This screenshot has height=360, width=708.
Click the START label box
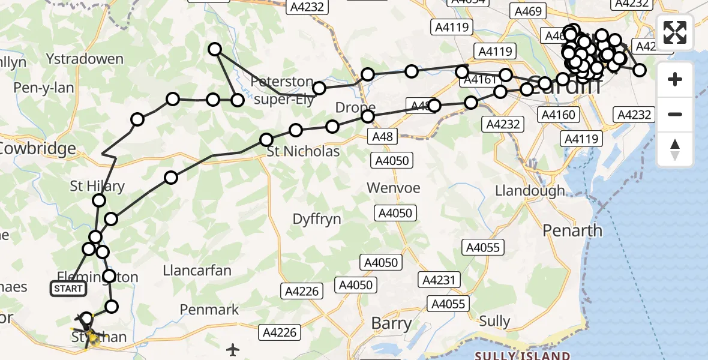point(68,289)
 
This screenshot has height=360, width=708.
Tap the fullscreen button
point(675,32)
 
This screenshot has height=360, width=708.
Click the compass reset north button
point(675,149)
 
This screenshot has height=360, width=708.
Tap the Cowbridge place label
point(37,148)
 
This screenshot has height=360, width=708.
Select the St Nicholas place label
point(303,151)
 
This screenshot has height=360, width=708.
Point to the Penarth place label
point(572,230)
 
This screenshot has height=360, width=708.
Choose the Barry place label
point(391,323)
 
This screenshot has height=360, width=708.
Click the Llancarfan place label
point(197,271)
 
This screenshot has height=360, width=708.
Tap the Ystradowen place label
point(84,59)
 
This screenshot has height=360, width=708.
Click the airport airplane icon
point(233,349)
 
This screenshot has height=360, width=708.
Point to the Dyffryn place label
point(317,219)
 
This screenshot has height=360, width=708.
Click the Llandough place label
point(530,191)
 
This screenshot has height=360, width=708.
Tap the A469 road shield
point(528,11)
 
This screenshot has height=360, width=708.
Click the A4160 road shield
point(559,115)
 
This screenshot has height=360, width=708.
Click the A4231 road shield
point(441,280)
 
